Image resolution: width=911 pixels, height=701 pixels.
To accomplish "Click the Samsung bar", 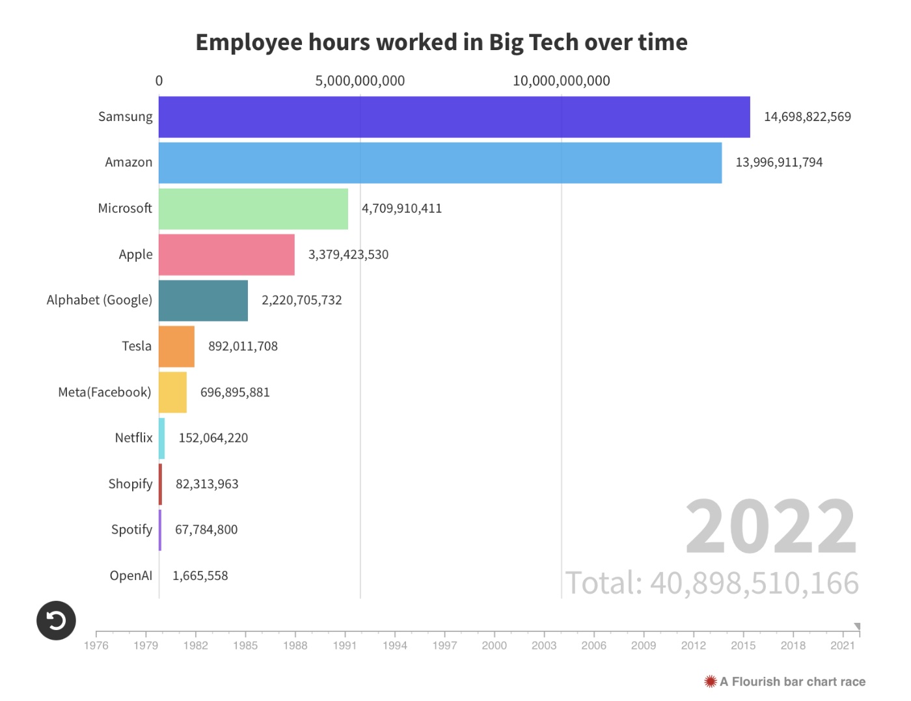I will tap(454, 117).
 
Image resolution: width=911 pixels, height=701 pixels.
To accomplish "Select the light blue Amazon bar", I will tap(440, 163).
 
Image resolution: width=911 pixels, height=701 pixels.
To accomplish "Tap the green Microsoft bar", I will tap(253, 209).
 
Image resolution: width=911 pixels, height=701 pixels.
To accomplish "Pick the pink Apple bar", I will tap(226, 254).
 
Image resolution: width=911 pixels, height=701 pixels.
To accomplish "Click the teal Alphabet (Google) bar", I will tap(203, 301).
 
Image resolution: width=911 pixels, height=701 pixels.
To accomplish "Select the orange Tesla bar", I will tap(176, 346).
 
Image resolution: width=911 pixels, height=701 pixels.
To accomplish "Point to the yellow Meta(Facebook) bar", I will tap(172, 392).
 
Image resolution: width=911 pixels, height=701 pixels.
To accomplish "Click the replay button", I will tap(56, 620).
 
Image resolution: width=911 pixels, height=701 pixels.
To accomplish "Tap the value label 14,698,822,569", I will tap(807, 117).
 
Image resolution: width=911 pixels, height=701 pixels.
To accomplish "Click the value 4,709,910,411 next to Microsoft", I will tap(401, 209).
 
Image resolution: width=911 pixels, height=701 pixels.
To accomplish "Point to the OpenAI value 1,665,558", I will tap(200, 576).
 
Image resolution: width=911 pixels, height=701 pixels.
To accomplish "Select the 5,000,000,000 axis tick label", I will tap(360, 81).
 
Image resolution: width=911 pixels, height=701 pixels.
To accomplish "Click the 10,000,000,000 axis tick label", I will tap(561, 81).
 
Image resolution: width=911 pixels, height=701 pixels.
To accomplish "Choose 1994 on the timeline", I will tap(394, 645).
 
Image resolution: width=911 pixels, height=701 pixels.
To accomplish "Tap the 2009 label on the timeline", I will tap(643, 645).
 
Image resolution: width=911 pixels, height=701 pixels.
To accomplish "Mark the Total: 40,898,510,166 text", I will tap(712, 583).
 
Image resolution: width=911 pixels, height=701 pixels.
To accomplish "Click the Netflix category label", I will tap(133, 438).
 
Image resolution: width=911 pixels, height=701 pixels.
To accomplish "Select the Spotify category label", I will tap(131, 530).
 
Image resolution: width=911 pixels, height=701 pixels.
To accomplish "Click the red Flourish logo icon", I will tap(710, 681).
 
